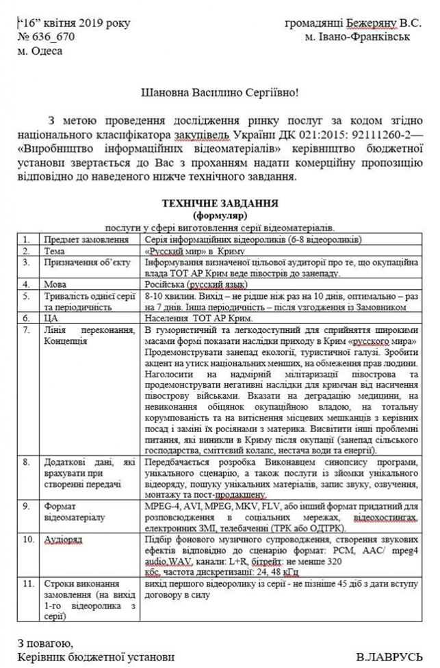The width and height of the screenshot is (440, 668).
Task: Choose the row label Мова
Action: pos(55,284)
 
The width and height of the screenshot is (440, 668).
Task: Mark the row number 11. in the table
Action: pos(27,585)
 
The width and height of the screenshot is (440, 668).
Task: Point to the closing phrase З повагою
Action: pos(45,643)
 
